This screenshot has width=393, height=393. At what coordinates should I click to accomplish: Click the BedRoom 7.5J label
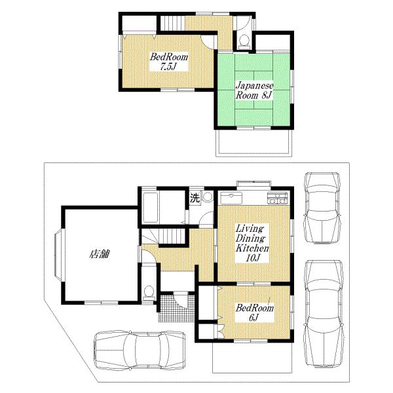click(x=169, y=62)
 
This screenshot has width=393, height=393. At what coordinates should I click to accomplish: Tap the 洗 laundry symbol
click(x=195, y=196)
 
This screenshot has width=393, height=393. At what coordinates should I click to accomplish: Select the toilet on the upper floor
click(x=243, y=40)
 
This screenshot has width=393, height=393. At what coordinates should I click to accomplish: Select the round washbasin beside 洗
click(x=208, y=196)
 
